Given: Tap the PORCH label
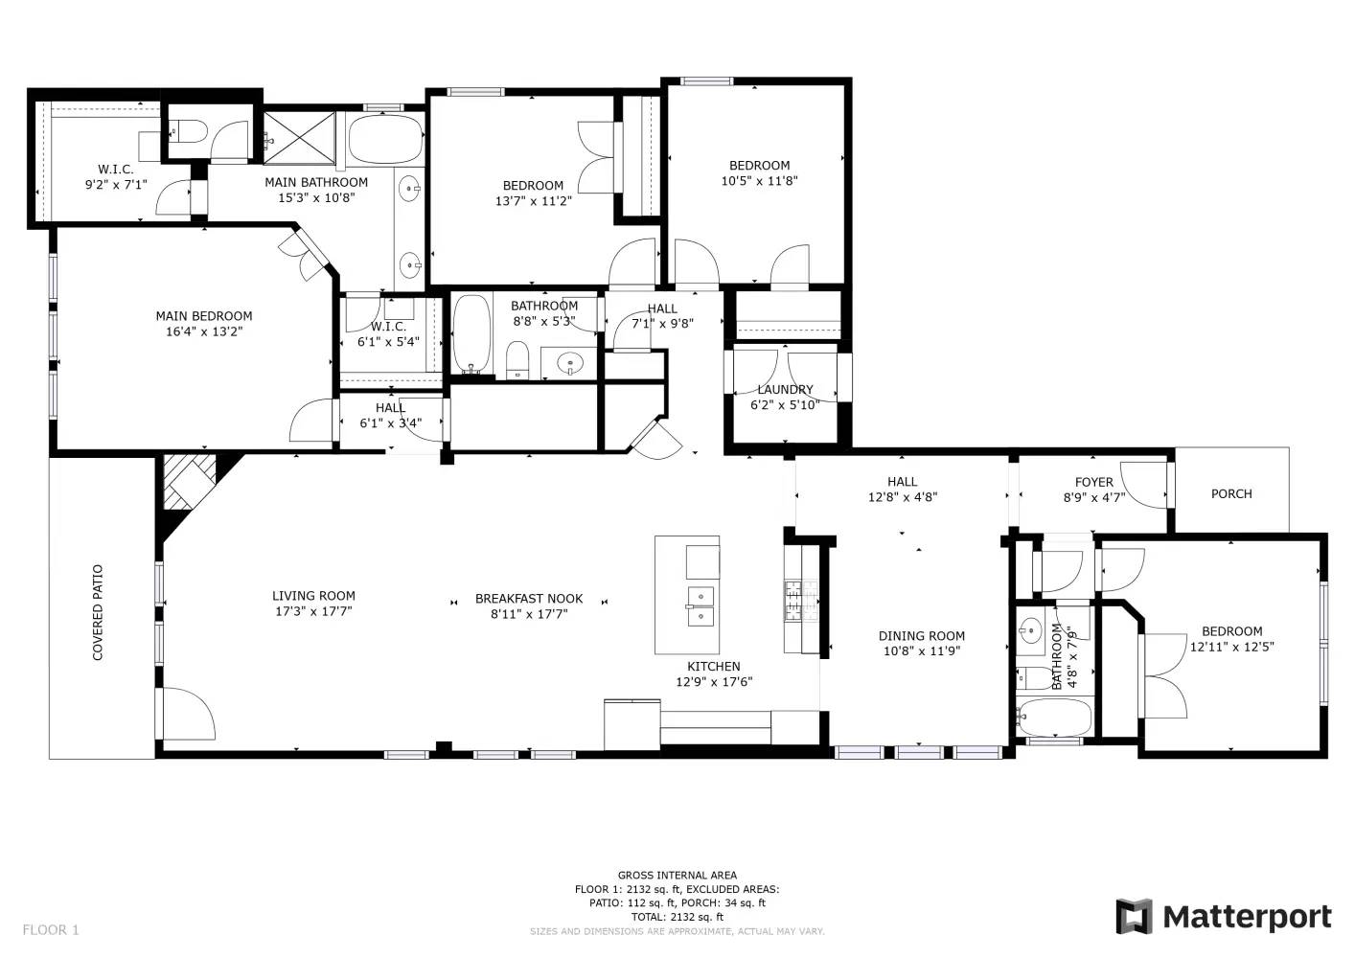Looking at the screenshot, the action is point(1231,494).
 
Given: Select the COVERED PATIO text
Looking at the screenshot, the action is point(98,612).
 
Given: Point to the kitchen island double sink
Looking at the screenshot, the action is point(700,606).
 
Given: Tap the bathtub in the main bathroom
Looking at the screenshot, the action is point(386,139).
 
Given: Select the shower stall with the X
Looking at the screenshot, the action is point(299,137).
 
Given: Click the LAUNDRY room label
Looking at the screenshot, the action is point(785,390).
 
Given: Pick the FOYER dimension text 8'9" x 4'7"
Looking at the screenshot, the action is point(1094,498).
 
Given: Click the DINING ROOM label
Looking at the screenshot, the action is point(922,636).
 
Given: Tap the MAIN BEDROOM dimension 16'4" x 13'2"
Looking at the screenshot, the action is point(204,331).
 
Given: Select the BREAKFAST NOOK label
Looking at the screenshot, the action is point(529,599).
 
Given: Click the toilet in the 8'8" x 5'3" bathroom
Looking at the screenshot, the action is point(517,360).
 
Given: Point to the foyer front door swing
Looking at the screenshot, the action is point(1144,485).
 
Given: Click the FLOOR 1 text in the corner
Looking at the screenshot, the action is point(51,930).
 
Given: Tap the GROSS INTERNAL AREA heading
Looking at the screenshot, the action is point(677,876).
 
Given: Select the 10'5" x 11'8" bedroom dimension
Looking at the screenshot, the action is point(760,180).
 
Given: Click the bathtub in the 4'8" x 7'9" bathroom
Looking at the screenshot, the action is point(1055,718).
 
